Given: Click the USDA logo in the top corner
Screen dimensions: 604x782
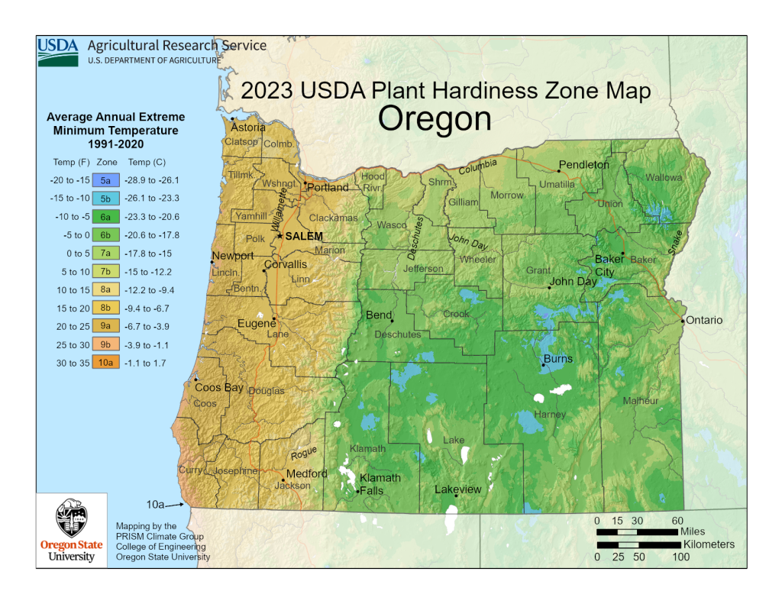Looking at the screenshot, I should (58, 51).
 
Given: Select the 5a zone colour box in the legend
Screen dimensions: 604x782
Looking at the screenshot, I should (106, 181).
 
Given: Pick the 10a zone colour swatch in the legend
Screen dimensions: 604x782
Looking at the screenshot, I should (106, 363).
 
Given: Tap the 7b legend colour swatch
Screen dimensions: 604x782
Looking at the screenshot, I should (106, 272).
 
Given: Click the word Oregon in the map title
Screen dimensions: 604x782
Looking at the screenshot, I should (435, 119).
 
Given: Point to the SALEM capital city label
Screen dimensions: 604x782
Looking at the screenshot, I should (304, 237).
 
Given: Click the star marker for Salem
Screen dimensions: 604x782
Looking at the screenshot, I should (280, 236).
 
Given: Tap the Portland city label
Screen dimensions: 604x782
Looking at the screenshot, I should (328, 187).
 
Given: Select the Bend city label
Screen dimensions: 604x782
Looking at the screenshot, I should (379, 315).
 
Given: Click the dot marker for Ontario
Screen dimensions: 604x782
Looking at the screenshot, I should (683, 321).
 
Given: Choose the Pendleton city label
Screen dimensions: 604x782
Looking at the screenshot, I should (584, 165).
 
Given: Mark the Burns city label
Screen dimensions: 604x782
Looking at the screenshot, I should (557, 359).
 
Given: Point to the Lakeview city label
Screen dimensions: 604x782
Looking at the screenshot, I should (458, 489).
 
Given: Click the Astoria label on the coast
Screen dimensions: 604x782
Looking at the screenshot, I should (248, 128).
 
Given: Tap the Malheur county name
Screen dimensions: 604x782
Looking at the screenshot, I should (640, 401).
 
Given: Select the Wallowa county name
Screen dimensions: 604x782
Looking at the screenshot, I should (664, 177).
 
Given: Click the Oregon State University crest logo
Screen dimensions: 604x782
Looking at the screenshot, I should (72, 522).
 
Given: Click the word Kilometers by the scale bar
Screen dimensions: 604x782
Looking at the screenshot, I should (709, 544).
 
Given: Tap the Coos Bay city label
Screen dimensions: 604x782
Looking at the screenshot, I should (219, 388).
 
